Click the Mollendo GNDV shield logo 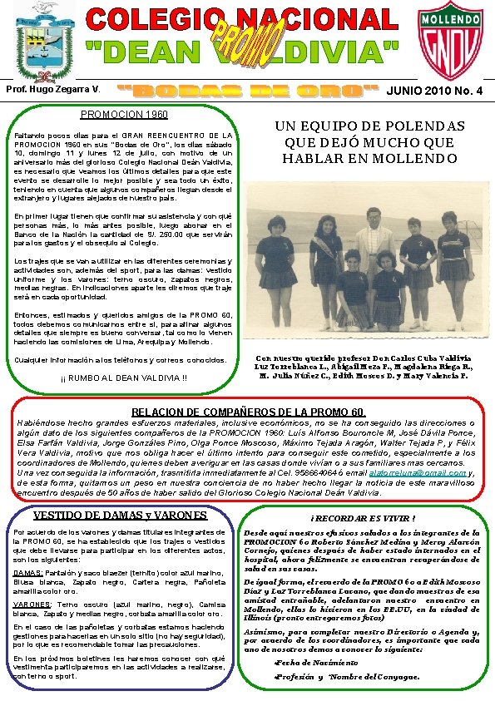[455, 43]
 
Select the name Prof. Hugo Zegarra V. [54, 88]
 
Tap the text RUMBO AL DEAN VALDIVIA [124, 380]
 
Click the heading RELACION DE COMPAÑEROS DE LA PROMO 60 [249, 412]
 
